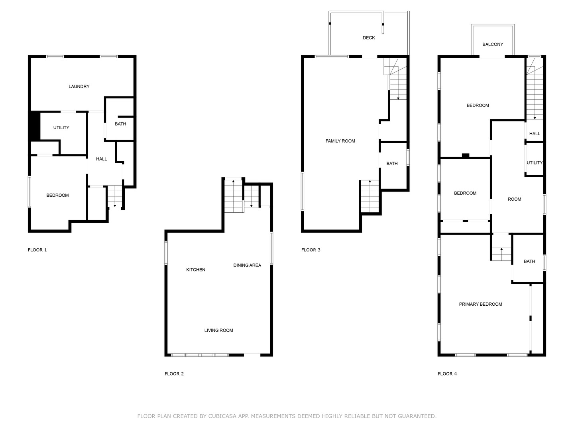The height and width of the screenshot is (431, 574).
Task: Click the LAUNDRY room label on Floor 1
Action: (x=79, y=87)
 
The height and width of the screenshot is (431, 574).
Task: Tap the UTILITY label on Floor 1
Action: (x=61, y=128)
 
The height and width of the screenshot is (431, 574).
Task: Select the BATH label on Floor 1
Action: (x=120, y=124)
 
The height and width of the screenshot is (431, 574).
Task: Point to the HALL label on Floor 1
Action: (x=102, y=159)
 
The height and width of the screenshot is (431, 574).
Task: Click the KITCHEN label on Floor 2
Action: (x=196, y=270)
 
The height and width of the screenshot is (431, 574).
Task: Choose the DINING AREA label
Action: (x=247, y=265)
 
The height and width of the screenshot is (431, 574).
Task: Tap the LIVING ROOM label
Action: (x=218, y=330)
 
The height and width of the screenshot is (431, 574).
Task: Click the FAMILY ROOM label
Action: (x=340, y=141)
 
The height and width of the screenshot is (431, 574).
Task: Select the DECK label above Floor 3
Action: (x=369, y=38)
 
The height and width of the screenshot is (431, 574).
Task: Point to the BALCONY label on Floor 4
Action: (x=493, y=44)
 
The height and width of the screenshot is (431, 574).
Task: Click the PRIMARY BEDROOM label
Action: (x=480, y=304)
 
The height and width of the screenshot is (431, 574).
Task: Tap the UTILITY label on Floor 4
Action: (x=535, y=163)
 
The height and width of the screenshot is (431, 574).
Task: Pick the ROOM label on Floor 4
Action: (x=514, y=199)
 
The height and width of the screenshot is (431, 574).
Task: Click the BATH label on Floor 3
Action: (x=392, y=164)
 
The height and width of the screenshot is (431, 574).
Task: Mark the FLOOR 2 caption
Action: (x=174, y=374)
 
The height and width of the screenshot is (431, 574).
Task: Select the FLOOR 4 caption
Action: (x=447, y=374)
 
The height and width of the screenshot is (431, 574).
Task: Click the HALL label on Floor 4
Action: (x=535, y=134)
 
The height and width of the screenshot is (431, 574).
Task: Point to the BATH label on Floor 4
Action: (x=529, y=261)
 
